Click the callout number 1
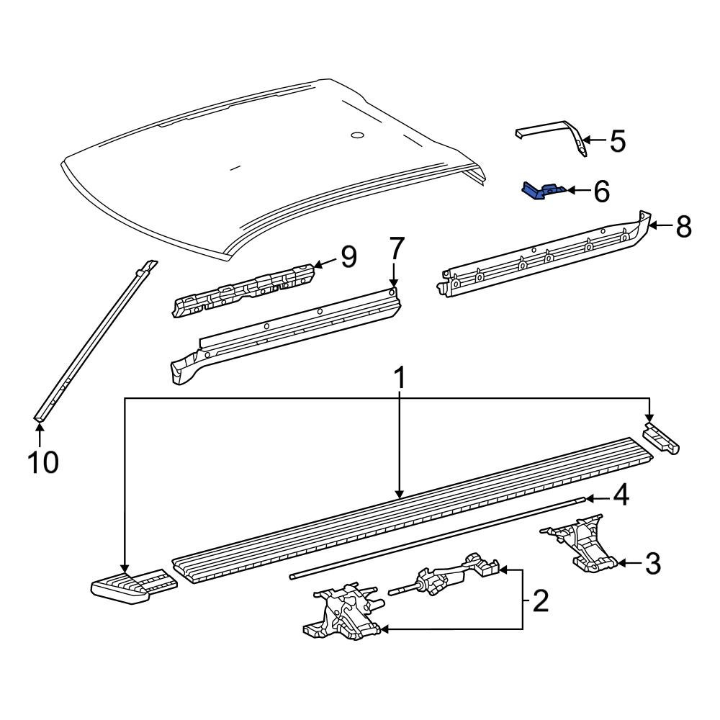[398, 379]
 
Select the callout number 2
[540, 599]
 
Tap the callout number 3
[652, 564]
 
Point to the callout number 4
[621, 496]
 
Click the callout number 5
[618, 141]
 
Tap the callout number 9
[348, 256]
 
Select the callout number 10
[42, 462]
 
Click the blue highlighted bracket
[541, 191]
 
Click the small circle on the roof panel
[357, 135]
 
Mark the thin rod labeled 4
[432, 536]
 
